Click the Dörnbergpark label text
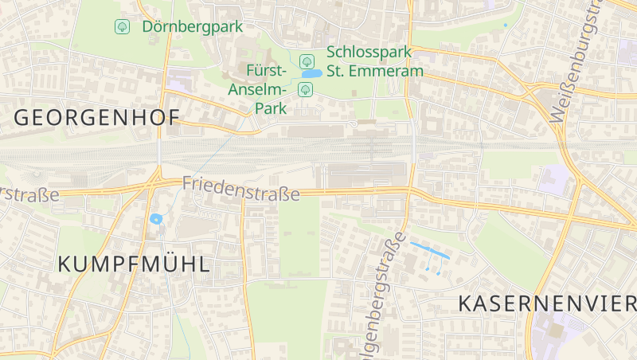pos(192,26)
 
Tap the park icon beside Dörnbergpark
pos(122,26)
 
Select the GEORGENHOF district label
pos(96,118)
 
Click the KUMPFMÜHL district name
pos(135,264)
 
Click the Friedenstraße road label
pos(240,189)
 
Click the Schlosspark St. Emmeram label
pos(374,61)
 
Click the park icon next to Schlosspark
pos(306,61)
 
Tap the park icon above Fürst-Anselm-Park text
pos(304,89)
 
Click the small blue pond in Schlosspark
pos(311,74)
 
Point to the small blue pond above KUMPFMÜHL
pos(155,218)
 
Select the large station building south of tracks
pos(366,176)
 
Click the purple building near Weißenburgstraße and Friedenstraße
pos(555,180)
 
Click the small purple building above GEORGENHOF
pos(180,79)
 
